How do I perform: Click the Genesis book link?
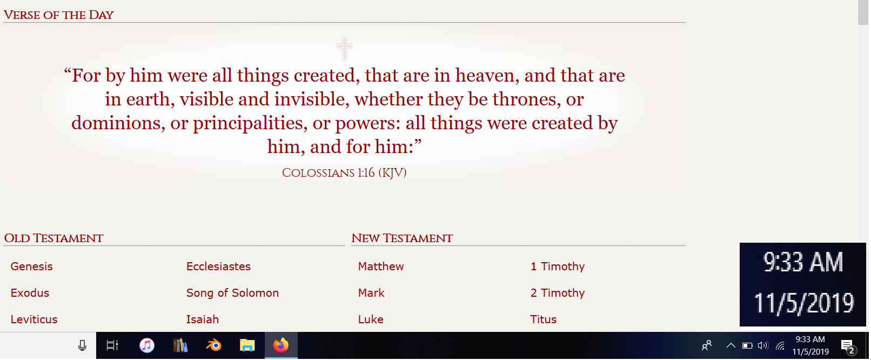tap(31, 266)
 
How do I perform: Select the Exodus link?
tap(30, 293)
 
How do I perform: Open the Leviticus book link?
tap(34, 319)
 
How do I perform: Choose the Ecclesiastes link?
tap(218, 266)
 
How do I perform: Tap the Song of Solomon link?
tap(232, 293)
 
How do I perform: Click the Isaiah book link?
tap(202, 319)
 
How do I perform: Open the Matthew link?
tap(381, 266)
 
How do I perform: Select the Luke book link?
tap(371, 319)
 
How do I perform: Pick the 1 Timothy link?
tap(558, 266)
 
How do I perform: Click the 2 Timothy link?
tap(558, 293)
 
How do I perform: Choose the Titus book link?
tap(543, 319)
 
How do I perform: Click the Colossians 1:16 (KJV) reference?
tap(344, 173)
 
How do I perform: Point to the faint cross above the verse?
tap(345, 49)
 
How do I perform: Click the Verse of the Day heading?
tap(58, 15)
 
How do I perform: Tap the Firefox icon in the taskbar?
tap(281, 345)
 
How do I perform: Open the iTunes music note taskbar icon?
tap(147, 345)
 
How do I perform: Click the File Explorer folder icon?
tap(247, 345)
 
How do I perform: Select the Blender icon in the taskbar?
tap(213, 345)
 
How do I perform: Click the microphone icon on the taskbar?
tap(82, 345)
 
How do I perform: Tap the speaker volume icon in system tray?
tap(763, 345)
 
